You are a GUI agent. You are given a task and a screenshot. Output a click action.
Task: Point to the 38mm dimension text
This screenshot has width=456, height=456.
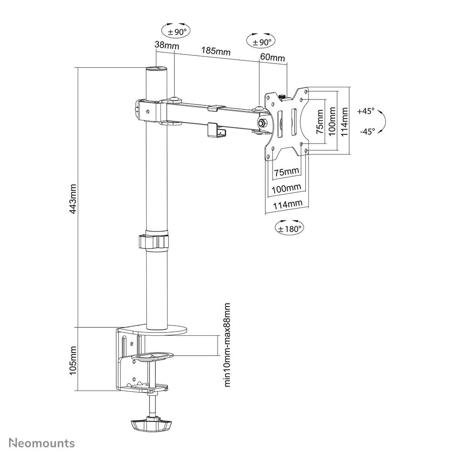166,45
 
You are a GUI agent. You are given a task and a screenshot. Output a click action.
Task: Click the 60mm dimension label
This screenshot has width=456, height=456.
273,58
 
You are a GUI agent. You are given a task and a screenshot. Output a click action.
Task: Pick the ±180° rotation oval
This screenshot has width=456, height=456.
289,228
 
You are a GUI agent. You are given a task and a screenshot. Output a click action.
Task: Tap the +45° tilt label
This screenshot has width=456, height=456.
366,111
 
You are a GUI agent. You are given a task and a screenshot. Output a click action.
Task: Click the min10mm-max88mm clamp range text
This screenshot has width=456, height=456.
228,345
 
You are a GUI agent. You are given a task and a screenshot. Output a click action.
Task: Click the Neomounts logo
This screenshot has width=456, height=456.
42,442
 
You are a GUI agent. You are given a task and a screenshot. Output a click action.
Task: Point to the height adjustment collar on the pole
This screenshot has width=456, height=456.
156,241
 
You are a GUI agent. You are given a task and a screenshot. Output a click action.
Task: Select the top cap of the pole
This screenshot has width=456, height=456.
156,69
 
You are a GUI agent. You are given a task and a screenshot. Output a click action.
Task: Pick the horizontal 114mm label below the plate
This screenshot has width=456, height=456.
287,204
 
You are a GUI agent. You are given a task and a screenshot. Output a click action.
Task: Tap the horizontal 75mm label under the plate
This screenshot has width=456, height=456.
287,171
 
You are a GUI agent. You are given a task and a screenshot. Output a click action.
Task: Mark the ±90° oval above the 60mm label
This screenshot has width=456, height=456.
261,41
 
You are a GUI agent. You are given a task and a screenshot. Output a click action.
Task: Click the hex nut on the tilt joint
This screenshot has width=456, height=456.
262,122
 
